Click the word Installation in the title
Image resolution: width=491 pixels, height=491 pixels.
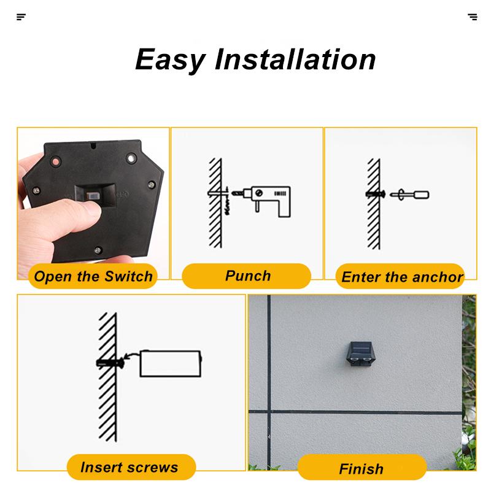295,60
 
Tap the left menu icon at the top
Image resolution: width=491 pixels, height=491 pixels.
21,17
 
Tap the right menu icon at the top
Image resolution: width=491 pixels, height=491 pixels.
472,17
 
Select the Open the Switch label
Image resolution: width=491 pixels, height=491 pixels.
93,276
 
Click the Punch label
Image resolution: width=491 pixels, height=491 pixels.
247,276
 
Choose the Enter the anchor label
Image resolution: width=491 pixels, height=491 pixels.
401,277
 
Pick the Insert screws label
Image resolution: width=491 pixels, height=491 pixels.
129,467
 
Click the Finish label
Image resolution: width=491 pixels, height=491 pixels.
361,468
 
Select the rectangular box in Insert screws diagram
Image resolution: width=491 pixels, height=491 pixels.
170,363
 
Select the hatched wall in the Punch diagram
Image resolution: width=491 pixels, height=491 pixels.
215,203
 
